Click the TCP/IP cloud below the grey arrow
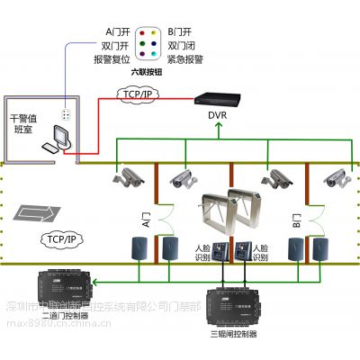click(x=59, y=239)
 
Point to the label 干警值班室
click(x=26, y=122)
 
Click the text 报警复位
click(x=111, y=58)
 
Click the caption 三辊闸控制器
click(x=232, y=333)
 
